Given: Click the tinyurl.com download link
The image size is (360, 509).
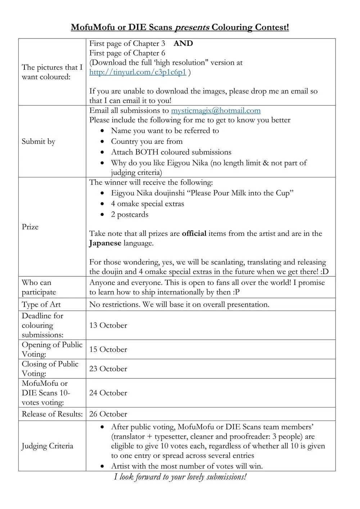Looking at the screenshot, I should pos(138,72).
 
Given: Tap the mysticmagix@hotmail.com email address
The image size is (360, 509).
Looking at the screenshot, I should pos(216,111).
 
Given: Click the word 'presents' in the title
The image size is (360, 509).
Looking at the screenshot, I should pos(192,27).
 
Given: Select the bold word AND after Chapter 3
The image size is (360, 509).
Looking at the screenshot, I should pos(183,44).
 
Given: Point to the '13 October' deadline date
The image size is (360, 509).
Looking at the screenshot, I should pos(108,325).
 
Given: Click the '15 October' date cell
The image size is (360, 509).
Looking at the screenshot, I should pos(108,350).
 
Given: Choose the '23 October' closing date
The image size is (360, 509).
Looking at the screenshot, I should pos(108,369).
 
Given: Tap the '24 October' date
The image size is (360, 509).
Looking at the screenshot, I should pos(108,393).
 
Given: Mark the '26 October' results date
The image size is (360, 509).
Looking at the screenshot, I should pos(108,414).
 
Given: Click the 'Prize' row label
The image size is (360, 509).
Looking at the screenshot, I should pos(30,227).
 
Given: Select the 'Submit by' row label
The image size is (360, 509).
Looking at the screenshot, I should pos(39,141).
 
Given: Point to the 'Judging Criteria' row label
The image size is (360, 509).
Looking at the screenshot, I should pos(47,446).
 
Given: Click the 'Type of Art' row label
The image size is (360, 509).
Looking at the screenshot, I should pos(41,305).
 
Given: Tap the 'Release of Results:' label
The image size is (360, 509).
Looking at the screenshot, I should pos(52,414).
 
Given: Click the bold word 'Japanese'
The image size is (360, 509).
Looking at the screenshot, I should pos(105,243).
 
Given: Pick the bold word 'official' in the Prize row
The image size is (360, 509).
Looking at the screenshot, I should pos(194,234).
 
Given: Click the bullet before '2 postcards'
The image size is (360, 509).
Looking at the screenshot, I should pos(103,215).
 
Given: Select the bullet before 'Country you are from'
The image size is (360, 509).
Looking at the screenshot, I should pos(103,142).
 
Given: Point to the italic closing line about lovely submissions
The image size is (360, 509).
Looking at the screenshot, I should pos(180,477).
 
